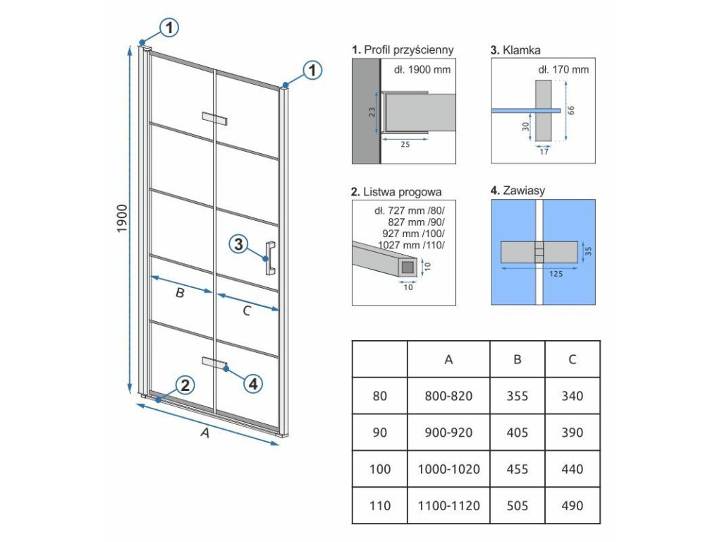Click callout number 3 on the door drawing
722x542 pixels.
pos(238,244)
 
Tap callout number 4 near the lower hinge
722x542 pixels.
pos(253,384)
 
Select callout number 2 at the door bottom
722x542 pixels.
pos(185,385)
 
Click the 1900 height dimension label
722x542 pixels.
pos(121,219)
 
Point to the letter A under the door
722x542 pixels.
pos(205,433)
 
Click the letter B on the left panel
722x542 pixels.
pos(180,293)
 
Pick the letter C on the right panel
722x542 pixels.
pos(246,311)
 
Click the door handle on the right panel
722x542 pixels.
pos(270,258)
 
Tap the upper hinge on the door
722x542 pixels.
pos(214,119)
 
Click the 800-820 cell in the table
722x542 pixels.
pos(448,396)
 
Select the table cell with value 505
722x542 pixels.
pos(517,505)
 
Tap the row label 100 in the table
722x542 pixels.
pos(379,469)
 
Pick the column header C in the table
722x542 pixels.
pos(573,359)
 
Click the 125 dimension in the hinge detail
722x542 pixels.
pos(556,275)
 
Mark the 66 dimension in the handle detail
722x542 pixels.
pos(571,111)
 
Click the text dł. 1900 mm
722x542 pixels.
pos(422,70)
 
